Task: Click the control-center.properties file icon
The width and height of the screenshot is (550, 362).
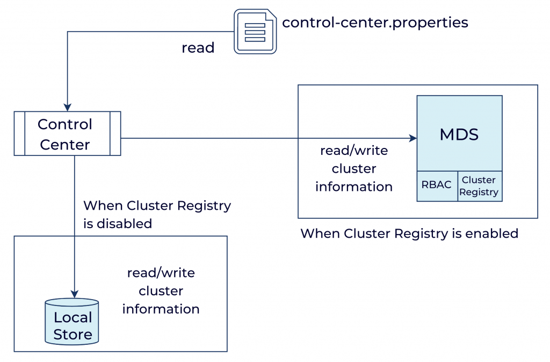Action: [255, 32]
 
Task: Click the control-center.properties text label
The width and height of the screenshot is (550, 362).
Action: [375, 23]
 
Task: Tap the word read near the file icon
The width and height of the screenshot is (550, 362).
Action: [198, 48]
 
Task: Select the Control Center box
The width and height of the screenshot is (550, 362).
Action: [67, 133]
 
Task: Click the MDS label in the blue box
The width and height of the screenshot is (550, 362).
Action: [459, 134]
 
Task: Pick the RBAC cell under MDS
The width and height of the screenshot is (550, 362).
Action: [437, 185]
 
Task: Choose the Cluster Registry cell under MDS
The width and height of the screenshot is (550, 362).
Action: [480, 186]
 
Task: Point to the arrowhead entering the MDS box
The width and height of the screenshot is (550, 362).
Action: [413, 138]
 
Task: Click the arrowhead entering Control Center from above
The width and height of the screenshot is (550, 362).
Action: [67, 107]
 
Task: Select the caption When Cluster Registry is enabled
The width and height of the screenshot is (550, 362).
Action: [409, 233]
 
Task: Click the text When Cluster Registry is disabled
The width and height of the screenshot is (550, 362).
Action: [157, 214]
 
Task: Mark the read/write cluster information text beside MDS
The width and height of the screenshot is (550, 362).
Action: [354, 169]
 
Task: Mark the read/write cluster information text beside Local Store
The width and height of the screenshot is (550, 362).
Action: [161, 291]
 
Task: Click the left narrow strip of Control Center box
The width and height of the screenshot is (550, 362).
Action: [19, 133]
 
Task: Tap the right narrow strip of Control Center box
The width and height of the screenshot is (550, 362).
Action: [115, 133]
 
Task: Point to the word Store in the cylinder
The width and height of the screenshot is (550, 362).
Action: [73, 335]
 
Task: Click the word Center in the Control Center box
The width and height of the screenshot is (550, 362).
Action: [65, 145]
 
